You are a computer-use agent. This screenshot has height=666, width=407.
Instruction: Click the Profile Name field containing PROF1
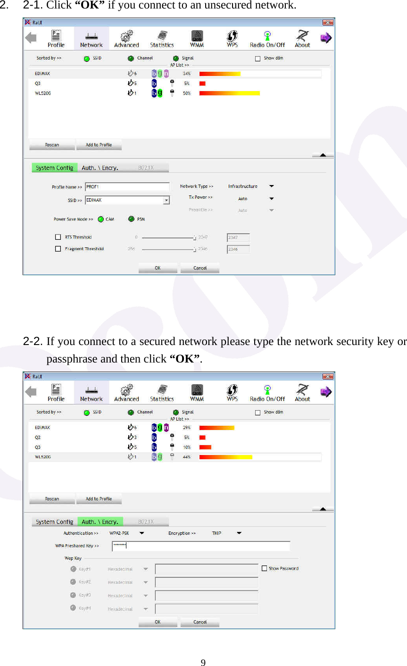127,187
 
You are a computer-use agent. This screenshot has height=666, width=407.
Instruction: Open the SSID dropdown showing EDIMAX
166,200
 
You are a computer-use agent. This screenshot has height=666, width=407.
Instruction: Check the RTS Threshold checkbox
58,237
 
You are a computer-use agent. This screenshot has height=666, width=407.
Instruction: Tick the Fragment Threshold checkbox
58,249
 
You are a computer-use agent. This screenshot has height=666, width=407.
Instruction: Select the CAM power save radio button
100,219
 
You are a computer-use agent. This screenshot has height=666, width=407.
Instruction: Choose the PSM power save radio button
131,219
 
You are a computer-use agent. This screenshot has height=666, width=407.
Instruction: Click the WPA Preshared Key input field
201,546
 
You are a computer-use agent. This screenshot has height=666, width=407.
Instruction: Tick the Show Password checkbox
265,568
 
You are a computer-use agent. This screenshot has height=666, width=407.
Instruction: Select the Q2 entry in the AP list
38,438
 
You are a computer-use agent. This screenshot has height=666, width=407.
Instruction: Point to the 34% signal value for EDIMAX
187,74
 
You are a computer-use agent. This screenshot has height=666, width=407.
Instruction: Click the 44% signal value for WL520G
187,457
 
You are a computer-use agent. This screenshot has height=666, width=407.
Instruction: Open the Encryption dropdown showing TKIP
239,533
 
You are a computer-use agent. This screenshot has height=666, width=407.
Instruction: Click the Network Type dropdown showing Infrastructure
271,186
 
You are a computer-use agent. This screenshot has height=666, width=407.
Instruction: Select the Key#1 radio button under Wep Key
73,569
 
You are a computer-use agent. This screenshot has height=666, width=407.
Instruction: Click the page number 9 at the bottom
203,663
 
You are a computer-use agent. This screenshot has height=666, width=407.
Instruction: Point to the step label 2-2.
33,341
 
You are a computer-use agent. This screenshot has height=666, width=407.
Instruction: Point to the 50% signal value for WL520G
187,93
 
